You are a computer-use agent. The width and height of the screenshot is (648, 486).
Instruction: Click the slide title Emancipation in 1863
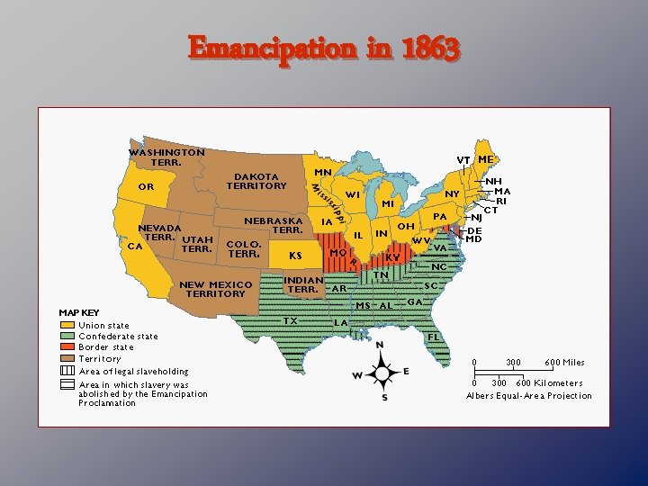click(x=324, y=49)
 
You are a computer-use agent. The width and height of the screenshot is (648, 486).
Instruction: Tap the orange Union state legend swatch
click(x=67, y=325)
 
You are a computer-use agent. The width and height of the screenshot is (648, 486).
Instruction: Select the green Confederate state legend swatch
click(x=67, y=337)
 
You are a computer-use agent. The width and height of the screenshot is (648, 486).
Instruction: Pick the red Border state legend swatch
click(x=67, y=347)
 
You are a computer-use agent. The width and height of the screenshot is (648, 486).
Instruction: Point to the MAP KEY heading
click(x=79, y=313)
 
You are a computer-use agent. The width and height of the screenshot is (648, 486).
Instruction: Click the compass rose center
click(x=382, y=373)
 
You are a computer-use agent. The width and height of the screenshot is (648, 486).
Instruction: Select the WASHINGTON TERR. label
click(x=166, y=157)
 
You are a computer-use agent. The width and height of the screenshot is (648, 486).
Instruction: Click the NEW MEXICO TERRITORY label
click(x=215, y=289)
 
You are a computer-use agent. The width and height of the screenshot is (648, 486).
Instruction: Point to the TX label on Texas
click(x=290, y=320)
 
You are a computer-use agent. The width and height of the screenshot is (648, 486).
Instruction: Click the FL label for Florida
click(x=434, y=336)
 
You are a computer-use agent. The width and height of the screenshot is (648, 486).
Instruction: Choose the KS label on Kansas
click(x=295, y=256)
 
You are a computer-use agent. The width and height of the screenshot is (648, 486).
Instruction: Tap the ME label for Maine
click(x=486, y=159)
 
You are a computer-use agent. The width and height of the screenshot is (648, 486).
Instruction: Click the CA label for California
click(x=136, y=245)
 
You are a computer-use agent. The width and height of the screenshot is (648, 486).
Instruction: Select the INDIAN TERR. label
click(x=302, y=284)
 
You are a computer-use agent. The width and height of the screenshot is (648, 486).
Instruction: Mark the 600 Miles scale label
click(x=564, y=363)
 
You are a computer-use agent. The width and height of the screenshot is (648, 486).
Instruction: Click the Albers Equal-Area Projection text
click(x=529, y=396)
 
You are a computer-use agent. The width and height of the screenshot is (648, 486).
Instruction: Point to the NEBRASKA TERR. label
click(x=274, y=225)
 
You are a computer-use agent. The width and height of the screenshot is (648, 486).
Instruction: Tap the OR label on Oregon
click(x=146, y=187)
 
